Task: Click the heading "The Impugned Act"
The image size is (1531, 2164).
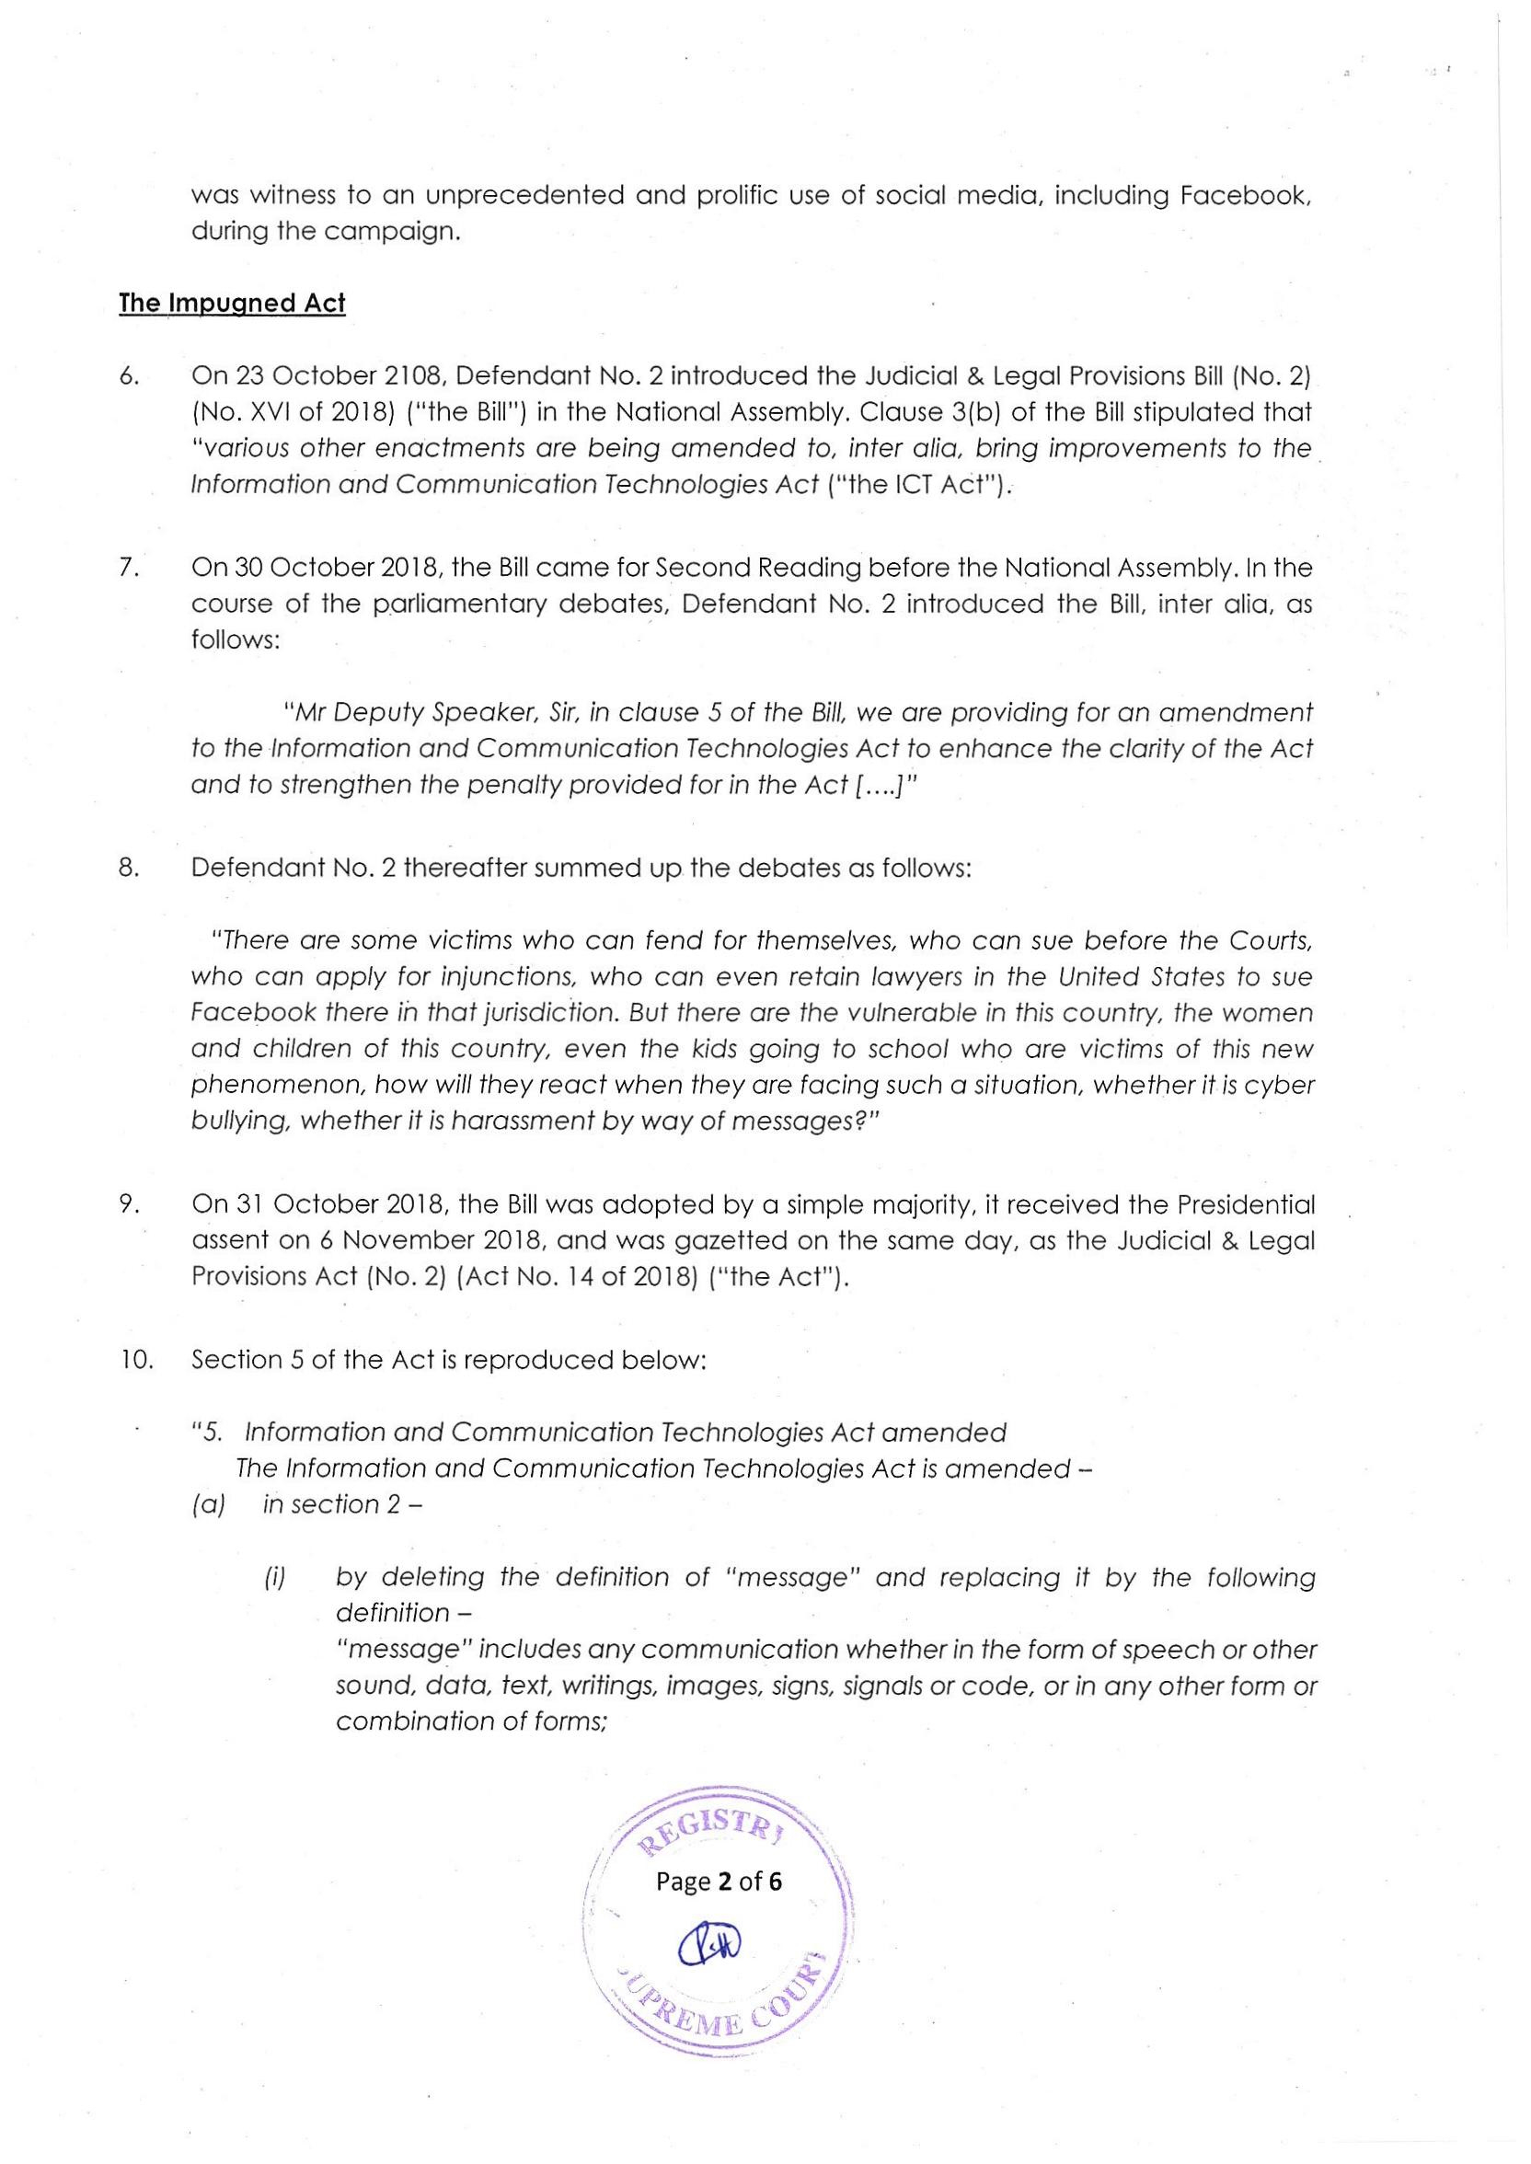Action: click(232, 304)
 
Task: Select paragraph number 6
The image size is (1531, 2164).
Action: click(130, 376)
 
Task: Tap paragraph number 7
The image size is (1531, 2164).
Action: click(130, 569)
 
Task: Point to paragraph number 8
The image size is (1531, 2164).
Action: click(130, 868)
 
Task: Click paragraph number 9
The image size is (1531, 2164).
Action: click(130, 1205)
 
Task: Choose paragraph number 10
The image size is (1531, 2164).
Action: click(137, 1360)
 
